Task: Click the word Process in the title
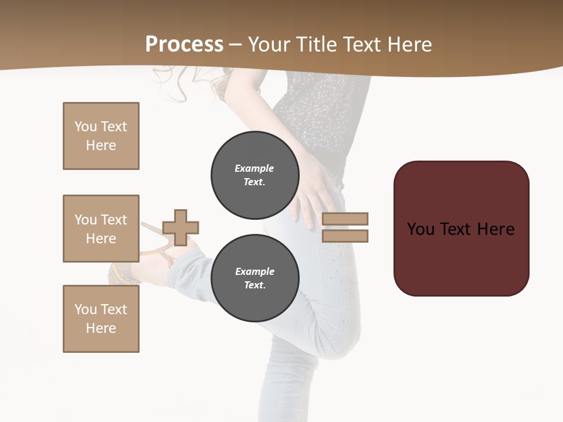pos(184,45)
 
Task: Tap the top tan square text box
pos(101,136)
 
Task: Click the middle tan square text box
pos(101,229)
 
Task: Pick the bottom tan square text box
pos(101,319)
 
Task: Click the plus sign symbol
pos(181,227)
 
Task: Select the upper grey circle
pos(255,175)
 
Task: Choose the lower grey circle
pos(255,278)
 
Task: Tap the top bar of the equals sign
pos(345,219)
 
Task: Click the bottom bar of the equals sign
pos(345,236)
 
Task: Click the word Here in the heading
pos(410,45)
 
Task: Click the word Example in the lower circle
pos(255,271)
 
